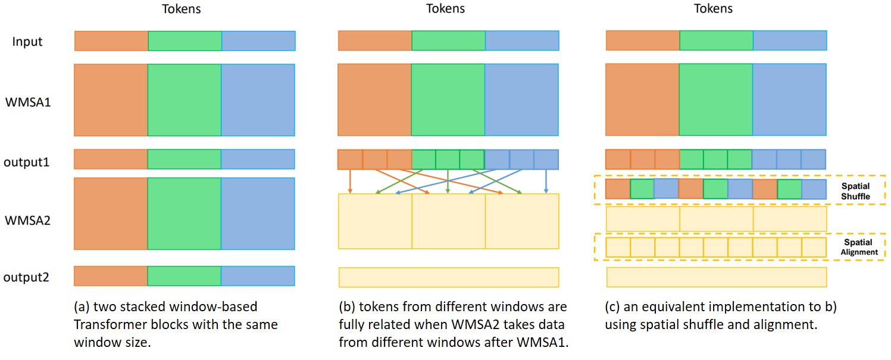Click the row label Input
pos(27,42)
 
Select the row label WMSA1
pos(28,102)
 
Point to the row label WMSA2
pos(28,221)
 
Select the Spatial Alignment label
pos(858,247)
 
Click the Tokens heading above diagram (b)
pos(446,8)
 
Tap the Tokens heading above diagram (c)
pos(713,8)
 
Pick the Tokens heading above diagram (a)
pos(182,8)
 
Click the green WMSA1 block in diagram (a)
pos(184,100)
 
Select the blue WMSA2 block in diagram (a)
pos(258,214)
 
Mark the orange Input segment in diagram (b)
pos(375,41)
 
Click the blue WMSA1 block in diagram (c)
pos(789,100)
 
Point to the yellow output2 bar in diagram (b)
pos(448,277)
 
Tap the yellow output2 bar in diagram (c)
pos(716,277)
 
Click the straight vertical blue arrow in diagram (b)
pos(546,181)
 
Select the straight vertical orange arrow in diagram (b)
pos(350,181)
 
